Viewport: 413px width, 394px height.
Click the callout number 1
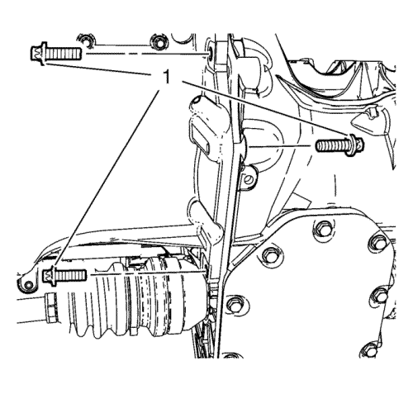point(167,78)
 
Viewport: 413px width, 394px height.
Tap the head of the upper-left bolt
point(38,54)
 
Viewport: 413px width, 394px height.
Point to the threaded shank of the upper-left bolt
point(64,54)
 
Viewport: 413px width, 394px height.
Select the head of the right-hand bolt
point(357,145)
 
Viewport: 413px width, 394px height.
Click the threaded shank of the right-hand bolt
point(333,145)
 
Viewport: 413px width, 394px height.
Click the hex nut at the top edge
point(159,42)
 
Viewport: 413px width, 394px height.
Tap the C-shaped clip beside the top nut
point(87,40)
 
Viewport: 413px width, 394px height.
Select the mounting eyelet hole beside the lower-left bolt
point(28,285)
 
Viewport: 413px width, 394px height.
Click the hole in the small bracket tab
point(249,180)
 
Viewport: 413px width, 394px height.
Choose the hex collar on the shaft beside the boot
point(51,308)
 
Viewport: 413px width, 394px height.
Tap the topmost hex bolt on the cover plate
point(321,228)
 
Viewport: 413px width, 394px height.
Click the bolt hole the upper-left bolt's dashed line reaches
point(210,53)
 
